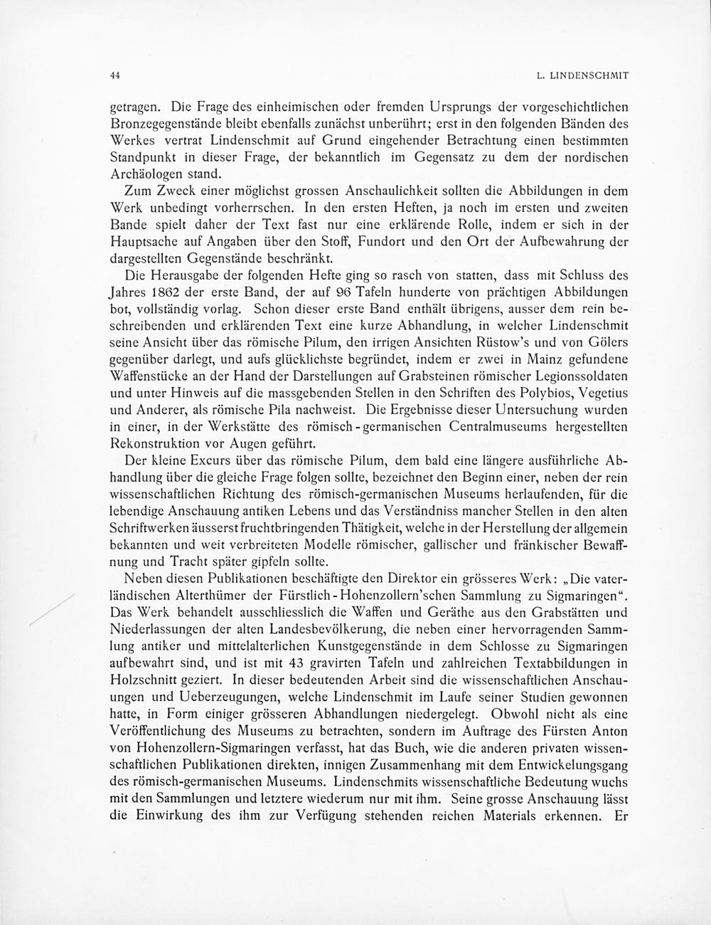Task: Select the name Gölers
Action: coord(609,343)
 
